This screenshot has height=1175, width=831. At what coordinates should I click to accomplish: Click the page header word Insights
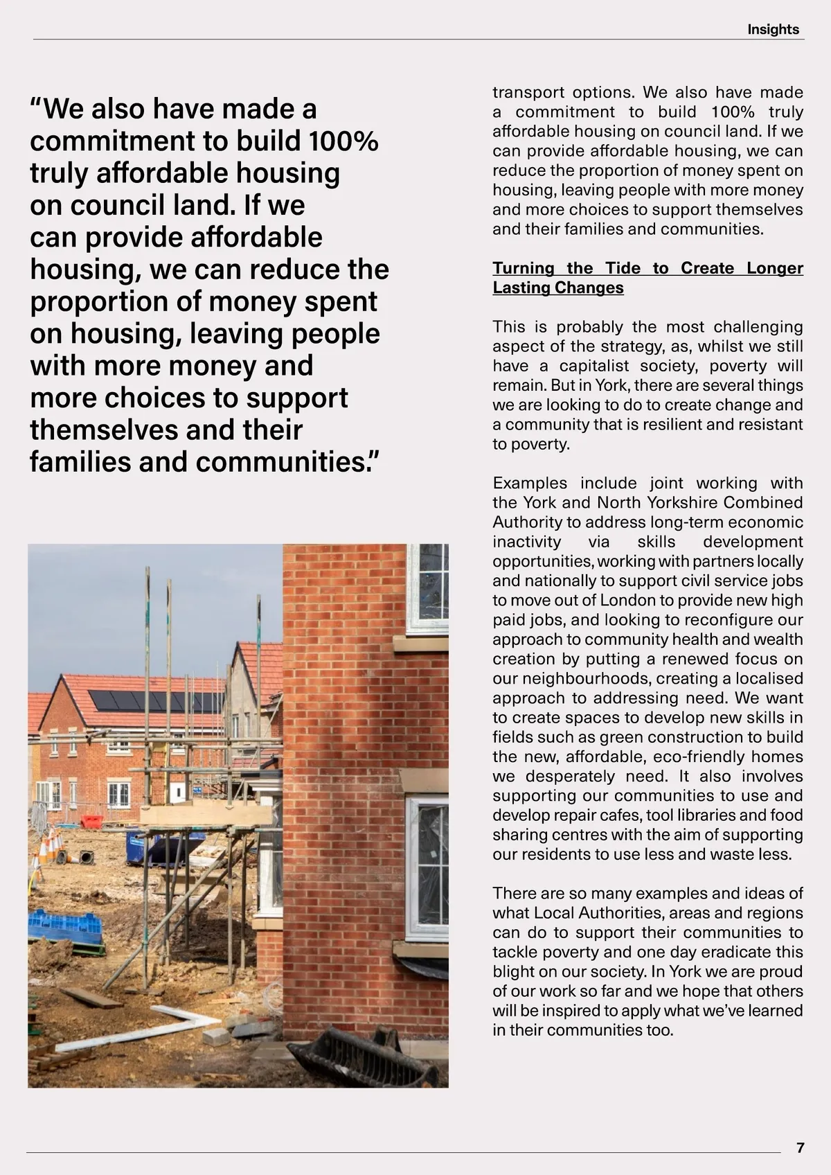(x=773, y=30)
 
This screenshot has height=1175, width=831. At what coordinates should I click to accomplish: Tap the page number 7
(x=801, y=1147)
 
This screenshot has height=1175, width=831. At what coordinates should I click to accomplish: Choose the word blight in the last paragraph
(x=515, y=971)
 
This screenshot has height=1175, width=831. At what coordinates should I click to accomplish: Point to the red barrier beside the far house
(x=91, y=822)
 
